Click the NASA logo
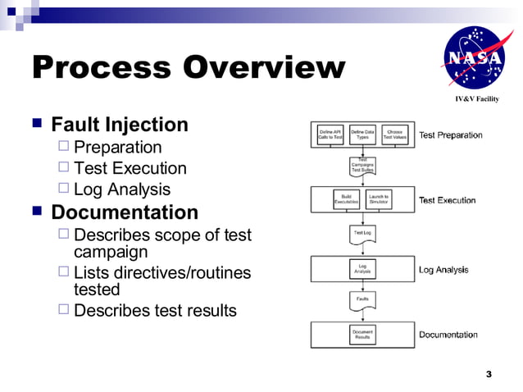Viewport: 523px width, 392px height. pyautogui.click(x=471, y=59)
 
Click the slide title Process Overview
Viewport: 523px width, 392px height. pyautogui.click(x=188, y=67)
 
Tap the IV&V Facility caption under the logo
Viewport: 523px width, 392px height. pyautogui.click(x=476, y=99)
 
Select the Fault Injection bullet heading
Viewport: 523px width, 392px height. pyautogui.click(x=120, y=125)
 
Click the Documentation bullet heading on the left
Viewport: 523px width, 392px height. pyautogui.click(x=125, y=212)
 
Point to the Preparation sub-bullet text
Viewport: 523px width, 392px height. pyautogui.click(x=117, y=148)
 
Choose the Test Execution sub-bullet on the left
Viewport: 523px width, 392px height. pyautogui.click(x=130, y=169)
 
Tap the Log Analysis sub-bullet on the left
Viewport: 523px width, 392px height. pyautogui.click(x=122, y=190)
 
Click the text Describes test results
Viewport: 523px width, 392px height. pyautogui.click(x=155, y=310)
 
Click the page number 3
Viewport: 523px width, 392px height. pyautogui.click(x=489, y=375)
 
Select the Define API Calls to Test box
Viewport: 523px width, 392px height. pyautogui.click(x=330, y=134)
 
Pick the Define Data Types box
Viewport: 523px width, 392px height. pyautogui.click(x=362, y=134)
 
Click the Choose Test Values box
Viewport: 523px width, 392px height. pyautogui.click(x=394, y=134)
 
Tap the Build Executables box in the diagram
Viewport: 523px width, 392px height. pyautogui.click(x=346, y=199)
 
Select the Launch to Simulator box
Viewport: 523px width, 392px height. pyautogui.click(x=378, y=199)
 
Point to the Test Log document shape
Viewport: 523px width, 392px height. pyautogui.click(x=362, y=234)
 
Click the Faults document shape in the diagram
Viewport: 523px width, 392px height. pyautogui.click(x=362, y=300)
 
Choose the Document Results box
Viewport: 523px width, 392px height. pyautogui.click(x=362, y=334)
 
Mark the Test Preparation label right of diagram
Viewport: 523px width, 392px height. pyautogui.click(x=450, y=135)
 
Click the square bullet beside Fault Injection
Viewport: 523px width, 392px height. pyautogui.click(x=37, y=125)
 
